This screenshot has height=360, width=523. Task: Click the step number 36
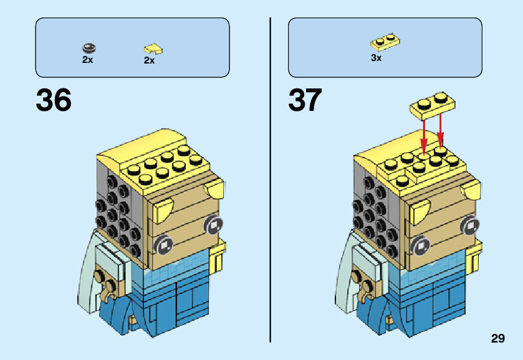tap(54, 100)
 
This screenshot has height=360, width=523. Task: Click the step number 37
tap(305, 100)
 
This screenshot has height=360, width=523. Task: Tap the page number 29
tap(497, 339)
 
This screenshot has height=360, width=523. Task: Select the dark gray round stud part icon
tap(89, 47)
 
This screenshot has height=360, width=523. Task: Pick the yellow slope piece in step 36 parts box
tap(153, 48)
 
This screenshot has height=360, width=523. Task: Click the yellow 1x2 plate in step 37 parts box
tap(386, 42)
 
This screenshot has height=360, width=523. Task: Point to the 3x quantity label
tap(376, 58)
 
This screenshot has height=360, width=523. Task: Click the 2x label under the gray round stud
tap(87, 60)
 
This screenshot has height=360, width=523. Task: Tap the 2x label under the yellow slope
tap(149, 60)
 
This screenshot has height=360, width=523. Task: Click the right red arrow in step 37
tap(441, 130)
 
